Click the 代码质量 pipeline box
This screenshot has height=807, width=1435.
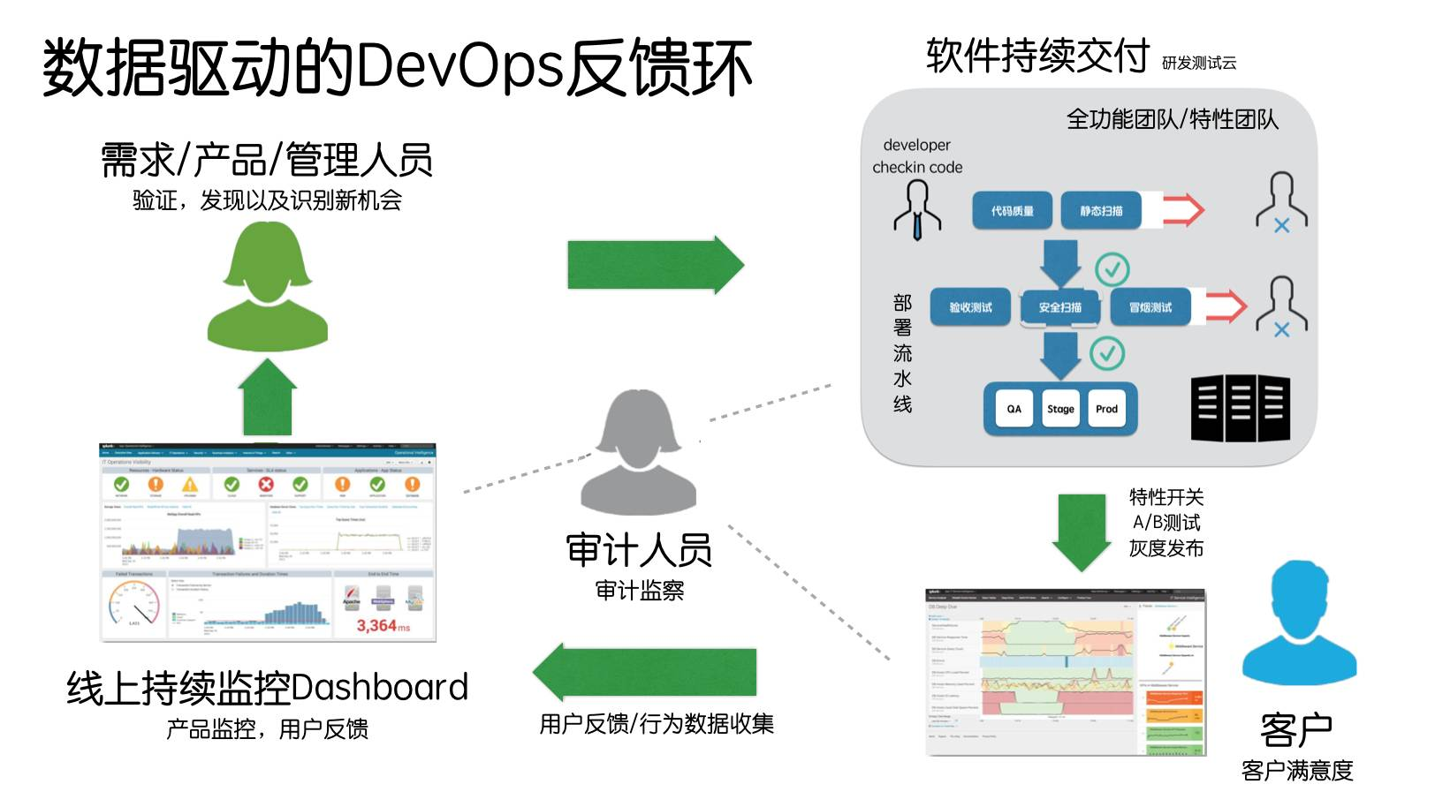[1012, 211]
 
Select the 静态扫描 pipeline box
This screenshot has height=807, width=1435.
[1101, 211]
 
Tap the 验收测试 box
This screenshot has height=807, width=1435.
[970, 307]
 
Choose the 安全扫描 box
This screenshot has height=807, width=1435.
[1059, 307]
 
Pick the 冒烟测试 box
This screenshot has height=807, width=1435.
[1150, 307]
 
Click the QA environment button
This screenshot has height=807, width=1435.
[1014, 409]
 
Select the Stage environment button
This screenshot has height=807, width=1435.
[1060, 409]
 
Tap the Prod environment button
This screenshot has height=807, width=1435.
[1106, 409]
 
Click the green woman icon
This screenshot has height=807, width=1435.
[268, 286]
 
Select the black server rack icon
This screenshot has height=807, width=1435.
[1240, 408]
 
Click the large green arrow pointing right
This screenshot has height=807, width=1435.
[655, 264]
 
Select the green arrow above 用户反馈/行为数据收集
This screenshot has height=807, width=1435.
[646, 673]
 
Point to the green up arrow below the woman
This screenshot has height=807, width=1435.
[268, 397]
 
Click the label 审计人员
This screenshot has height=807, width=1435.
[639, 550]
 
